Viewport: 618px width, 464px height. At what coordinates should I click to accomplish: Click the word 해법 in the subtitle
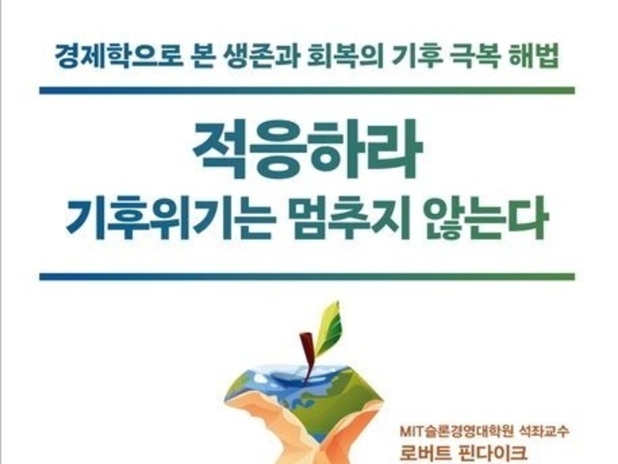tap(534, 57)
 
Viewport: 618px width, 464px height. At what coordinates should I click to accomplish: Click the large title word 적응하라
tap(307, 149)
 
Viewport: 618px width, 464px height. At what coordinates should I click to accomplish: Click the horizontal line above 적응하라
tap(307, 90)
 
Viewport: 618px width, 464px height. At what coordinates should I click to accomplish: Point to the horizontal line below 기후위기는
tap(307, 277)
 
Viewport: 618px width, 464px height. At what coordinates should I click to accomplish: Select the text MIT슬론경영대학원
tap(457, 432)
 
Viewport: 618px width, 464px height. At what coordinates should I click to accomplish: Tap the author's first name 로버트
tap(425, 453)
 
